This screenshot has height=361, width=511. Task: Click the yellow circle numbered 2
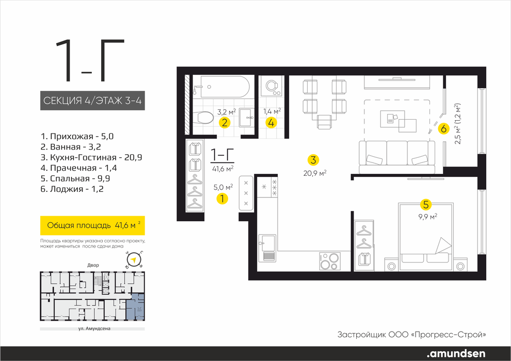pyautogui.click(x=225, y=123)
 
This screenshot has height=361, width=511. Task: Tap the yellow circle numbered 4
pyautogui.click(x=272, y=123)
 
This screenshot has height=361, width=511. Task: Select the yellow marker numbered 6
pyautogui.click(x=443, y=129)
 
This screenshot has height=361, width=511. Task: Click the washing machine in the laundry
pyautogui.click(x=272, y=86)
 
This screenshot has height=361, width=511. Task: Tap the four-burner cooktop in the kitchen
pyautogui.click(x=329, y=261)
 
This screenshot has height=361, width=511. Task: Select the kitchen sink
pyautogui.click(x=267, y=248)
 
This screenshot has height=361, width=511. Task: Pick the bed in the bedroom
pyautogui.click(x=426, y=234)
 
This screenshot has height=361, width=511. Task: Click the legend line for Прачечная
pyautogui.click(x=79, y=168)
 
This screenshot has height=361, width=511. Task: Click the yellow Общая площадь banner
pyautogui.click(x=92, y=225)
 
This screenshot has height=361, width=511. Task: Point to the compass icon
pyautogui.click(x=133, y=260)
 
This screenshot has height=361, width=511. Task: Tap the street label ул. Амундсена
pyautogui.click(x=92, y=329)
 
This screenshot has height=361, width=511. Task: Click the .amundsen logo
pyautogui.click(x=456, y=353)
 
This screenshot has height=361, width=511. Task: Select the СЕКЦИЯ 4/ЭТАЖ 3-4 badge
pyautogui.click(x=92, y=101)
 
